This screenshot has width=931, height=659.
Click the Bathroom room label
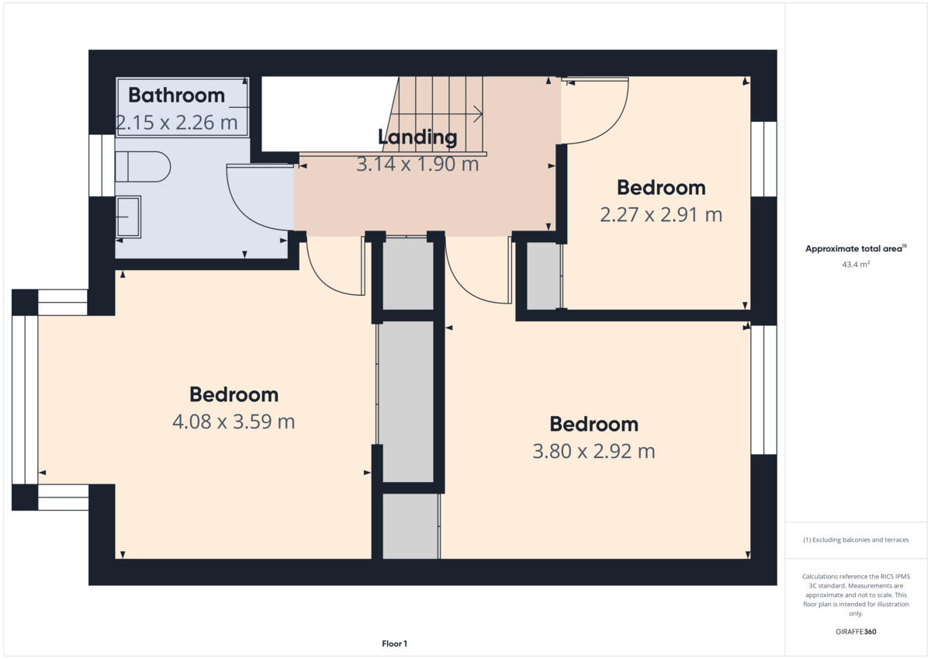pos(176,95)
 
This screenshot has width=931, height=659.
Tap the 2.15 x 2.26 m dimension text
pos(176,122)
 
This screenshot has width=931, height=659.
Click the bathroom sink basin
pos(128,216)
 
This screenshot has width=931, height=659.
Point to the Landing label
pos(417,137)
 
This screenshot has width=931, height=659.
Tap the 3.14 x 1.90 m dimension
pos(417,165)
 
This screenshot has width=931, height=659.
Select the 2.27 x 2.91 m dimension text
pos(661,214)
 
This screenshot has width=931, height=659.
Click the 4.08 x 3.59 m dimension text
pos(234,422)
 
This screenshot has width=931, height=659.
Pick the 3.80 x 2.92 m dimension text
pos(594,451)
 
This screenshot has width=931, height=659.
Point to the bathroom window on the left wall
pos(102,165)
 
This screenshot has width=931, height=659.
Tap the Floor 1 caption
pos(394,643)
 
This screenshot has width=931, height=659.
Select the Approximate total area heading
pos(855,249)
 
